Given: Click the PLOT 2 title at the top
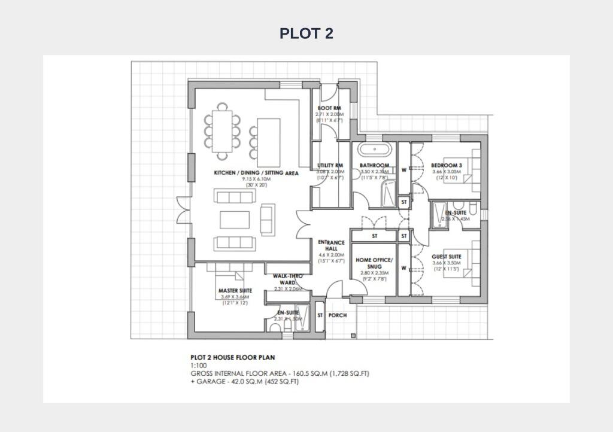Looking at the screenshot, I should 306,34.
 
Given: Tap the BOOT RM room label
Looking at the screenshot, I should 329,108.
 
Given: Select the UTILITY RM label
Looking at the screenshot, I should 330,166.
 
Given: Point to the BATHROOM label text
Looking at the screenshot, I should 375,166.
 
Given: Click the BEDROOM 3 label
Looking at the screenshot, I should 446,166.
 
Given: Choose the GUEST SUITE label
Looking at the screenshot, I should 446,257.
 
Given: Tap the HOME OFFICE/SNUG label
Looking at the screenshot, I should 375,263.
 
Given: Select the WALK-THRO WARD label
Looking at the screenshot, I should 287,279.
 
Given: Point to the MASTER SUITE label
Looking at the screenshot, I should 235,291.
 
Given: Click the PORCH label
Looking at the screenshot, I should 338,315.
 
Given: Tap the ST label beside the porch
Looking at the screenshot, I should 320,315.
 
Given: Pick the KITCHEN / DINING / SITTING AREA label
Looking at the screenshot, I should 256,173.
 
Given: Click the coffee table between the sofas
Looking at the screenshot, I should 235,220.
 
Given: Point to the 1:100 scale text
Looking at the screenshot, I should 199,366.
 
